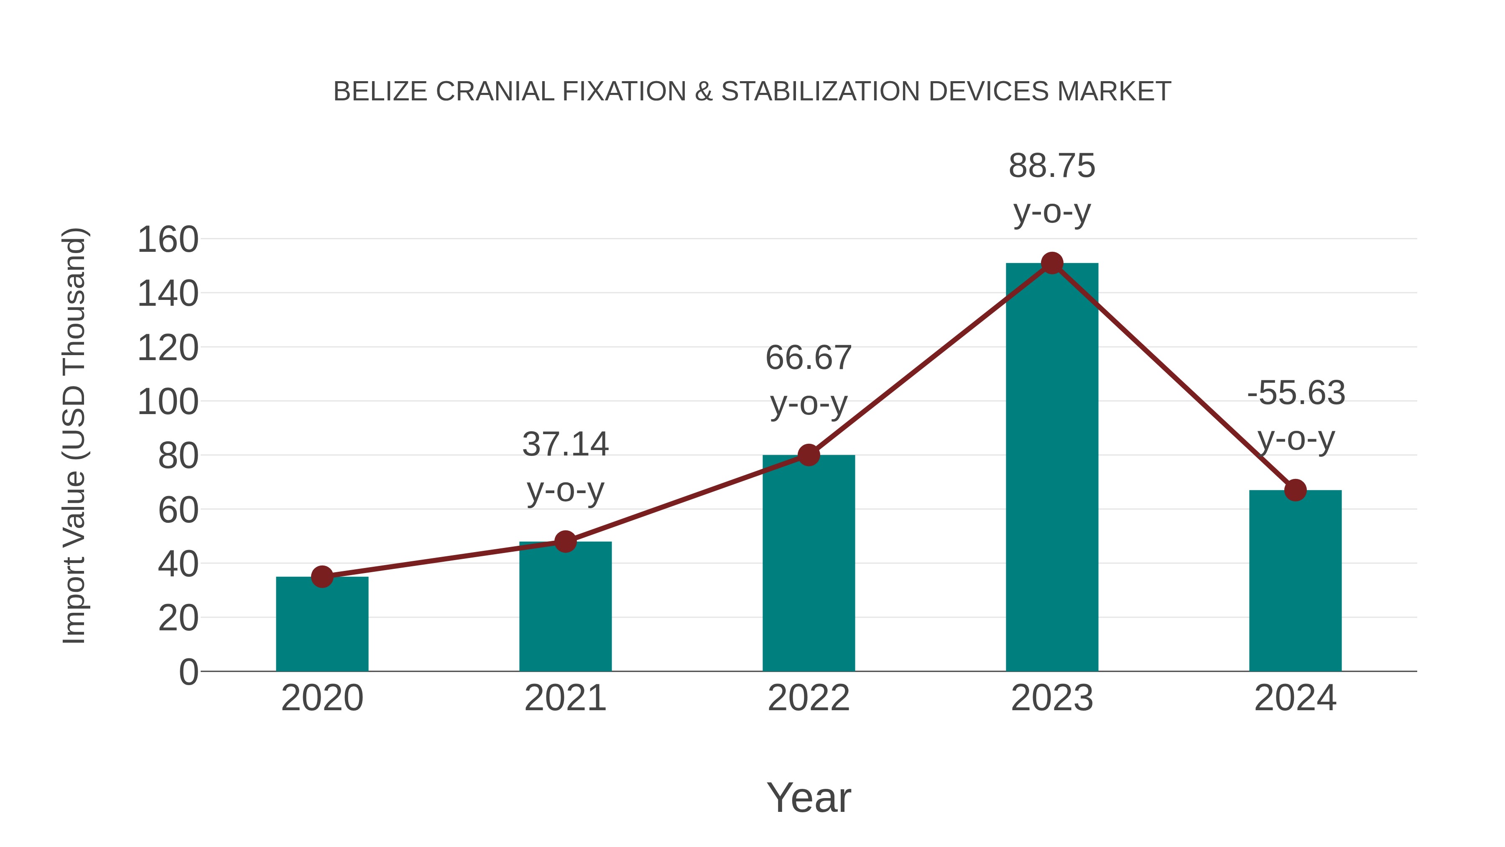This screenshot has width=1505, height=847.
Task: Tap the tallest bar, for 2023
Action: coord(1052,468)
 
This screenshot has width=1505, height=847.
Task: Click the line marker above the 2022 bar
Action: coord(809,455)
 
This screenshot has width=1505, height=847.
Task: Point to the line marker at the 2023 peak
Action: coord(1052,263)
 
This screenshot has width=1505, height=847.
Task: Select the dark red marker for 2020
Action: coord(322,577)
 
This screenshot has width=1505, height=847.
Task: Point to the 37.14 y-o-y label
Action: coord(565,466)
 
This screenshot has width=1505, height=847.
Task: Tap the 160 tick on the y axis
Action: coord(168,240)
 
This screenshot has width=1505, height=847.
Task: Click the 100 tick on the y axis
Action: coord(168,402)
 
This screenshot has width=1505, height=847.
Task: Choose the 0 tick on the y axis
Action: coord(188,672)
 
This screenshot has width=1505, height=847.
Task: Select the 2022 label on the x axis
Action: coord(809,698)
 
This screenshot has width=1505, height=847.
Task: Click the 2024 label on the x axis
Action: coord(1295,698)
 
